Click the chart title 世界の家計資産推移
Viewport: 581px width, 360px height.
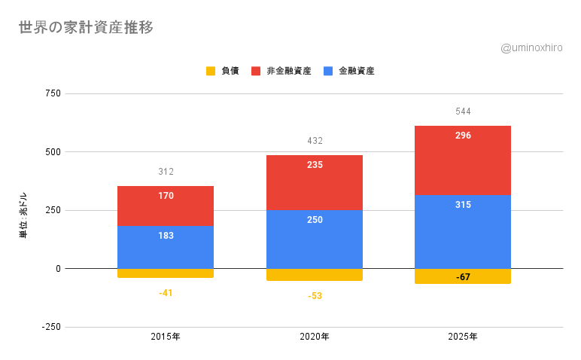[x=86, y=28]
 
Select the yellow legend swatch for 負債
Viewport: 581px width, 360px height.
[x=211, y=71]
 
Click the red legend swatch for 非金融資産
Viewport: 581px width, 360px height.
[x=256, y=71]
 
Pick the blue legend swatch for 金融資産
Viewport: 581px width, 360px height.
[x=328, y=71]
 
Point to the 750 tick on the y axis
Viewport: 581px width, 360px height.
[x=53, y=93]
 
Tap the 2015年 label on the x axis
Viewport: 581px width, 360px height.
[x=166, y=337]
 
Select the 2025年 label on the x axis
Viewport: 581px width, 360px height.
[x=463, y=337]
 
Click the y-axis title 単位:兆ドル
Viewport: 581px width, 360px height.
[x=23, y=215]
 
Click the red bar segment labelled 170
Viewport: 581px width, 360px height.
[x=166, y=206]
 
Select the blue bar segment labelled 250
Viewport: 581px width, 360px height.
[x=315, y=239]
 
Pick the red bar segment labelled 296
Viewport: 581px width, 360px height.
[x=463, y=160]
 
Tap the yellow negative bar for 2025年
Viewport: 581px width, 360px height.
[x=463, y=276]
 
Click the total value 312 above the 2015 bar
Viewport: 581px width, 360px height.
[x=166, y=172]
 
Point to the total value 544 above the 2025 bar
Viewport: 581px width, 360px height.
[x=463, y=111]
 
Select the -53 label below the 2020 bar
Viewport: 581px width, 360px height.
[x=315, y=296]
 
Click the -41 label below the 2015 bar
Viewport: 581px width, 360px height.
[x=166, y=293]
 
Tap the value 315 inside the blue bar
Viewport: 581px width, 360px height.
[x=463, y=205]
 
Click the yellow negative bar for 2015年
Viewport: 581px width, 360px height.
[x=166, y=273]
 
